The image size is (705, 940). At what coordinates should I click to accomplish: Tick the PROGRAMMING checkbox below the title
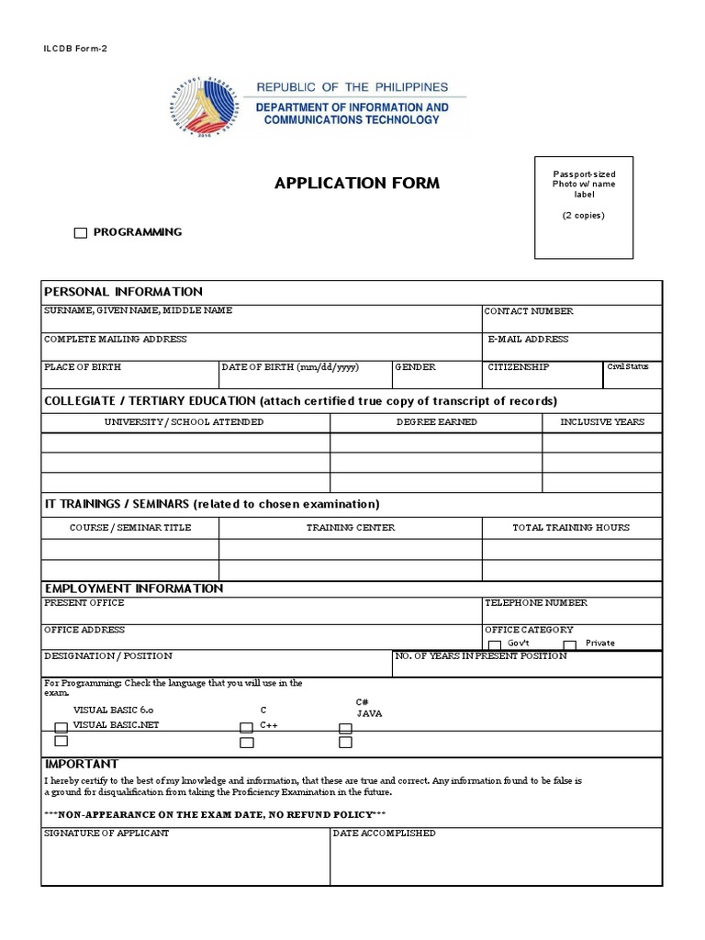tap(81, 233)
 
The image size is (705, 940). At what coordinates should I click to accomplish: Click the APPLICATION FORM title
tap(356, 183)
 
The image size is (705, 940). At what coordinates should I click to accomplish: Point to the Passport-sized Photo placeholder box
tap(584, 207)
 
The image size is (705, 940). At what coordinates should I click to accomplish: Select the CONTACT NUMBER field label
tap(529, 311)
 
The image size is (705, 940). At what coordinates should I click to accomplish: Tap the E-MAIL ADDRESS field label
tap(528, 340)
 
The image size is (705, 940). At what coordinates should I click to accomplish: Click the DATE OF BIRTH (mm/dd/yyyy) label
tap(289, 367)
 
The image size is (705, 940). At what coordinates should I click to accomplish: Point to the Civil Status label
tap(628, 367)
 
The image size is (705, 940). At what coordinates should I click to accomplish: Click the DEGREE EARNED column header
tap(436, 422)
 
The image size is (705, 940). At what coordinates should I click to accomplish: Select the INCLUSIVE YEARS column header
tap(602, 422)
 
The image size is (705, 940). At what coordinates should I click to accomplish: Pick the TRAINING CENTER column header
tap(351, 528)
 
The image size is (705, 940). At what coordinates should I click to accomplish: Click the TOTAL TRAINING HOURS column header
tap(571, 528)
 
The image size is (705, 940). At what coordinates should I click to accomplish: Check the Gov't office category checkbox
tap(495, 645)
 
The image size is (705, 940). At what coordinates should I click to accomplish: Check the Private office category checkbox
tap(569, 645)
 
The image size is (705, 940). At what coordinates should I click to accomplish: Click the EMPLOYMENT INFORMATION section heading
tap(134, 588)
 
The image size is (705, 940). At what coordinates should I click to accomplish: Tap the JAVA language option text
tap(369, 713)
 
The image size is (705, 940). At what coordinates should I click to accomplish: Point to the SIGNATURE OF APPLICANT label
tap(106, 834)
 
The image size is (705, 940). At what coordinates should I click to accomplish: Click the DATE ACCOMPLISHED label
tap(384, 834)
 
